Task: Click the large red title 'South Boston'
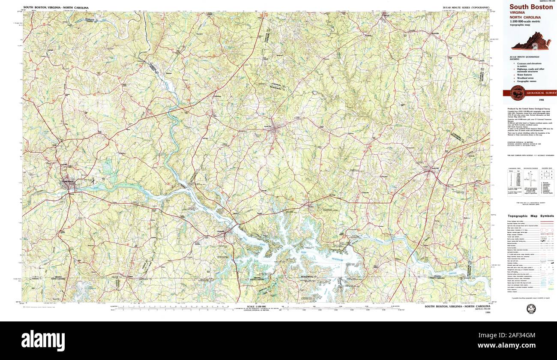[x=531, y=7]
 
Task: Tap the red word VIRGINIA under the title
[x=517, y=13]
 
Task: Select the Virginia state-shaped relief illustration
[x=531, y=41]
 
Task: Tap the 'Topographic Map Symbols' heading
[x=530, y=216]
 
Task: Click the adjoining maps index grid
[x=546, y=174]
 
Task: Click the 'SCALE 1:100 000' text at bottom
[x=257, y=307]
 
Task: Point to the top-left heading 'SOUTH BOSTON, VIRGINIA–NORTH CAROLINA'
[x=56, y=8]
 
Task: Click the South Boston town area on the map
[x=68, y=181]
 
